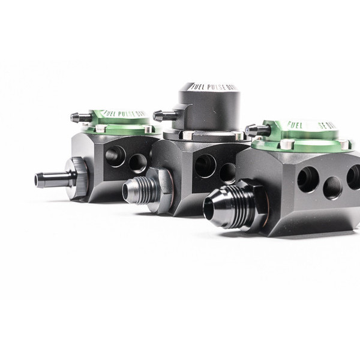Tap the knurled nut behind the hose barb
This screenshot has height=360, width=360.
(78, 178)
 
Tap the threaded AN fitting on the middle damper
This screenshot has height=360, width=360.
(135, 191)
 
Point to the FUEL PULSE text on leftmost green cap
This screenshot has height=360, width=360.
(123, 113)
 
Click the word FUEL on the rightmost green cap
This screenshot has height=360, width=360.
(295, 125)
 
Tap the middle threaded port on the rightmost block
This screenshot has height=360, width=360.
(332, 188)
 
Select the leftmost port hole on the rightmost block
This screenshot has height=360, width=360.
(308, 179)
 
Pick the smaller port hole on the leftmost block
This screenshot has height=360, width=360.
(138, 163)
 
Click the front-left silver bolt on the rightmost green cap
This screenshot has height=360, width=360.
(287, 144)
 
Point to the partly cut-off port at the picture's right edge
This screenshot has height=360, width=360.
(354, 178)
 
